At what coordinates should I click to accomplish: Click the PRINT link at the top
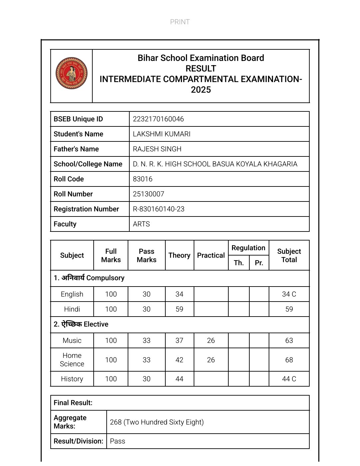180,22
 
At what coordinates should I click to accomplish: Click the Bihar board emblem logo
71,73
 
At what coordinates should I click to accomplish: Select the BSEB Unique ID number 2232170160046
158,119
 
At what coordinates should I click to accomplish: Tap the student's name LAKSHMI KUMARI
162,134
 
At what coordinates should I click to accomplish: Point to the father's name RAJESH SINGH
157,149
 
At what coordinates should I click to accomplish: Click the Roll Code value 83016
143,179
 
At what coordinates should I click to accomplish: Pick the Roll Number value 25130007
149,194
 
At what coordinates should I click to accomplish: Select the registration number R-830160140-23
159,209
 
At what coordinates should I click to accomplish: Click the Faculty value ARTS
141,224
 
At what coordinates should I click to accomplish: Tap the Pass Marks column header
146,256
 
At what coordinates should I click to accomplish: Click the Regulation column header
248,248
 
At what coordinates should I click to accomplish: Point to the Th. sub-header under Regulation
239,263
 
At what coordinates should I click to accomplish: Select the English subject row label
72,294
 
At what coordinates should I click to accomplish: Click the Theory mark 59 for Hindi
179,309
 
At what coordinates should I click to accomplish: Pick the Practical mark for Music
211,341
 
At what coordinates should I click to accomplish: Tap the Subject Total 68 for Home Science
289,360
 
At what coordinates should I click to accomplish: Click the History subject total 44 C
289,379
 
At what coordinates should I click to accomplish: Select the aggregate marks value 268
116,422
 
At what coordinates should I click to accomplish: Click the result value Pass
118,441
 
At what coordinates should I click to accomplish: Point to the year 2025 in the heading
201,90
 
